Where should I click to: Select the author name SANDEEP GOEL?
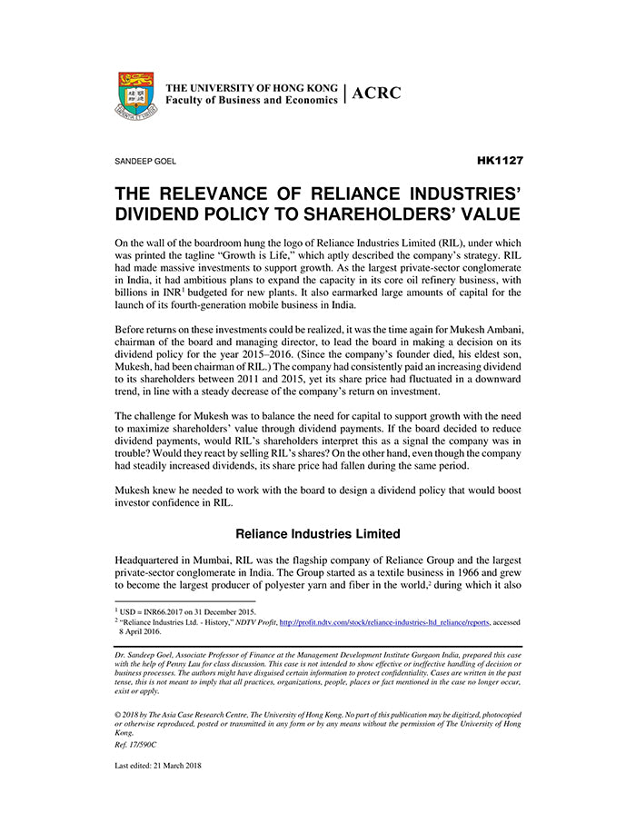click(x=145, y=161)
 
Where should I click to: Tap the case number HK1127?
click(x=499, y=160)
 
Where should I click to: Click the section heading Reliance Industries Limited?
click(x=318, y=533)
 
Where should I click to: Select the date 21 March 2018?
click(x=178, y=765)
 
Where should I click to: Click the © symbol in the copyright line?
click(x=118, y=713)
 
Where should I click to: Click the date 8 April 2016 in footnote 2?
click(x=144, y=632)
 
